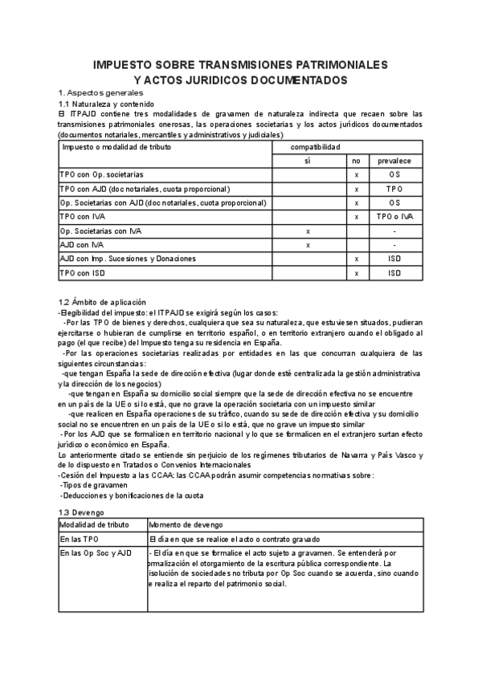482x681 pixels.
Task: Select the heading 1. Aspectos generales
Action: [100, 93]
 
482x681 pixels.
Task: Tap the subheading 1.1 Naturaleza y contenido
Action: [106, 104]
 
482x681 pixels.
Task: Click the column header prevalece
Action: [394, 161]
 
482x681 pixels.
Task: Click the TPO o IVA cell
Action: [394, 217]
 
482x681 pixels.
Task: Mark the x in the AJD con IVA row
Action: [308, 245]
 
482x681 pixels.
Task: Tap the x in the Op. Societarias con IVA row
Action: [308, 231]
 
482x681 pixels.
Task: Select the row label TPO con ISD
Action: [83, 273]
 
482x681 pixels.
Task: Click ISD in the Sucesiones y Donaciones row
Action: [394, 259]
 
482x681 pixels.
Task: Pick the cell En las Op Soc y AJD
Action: [95, 553]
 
